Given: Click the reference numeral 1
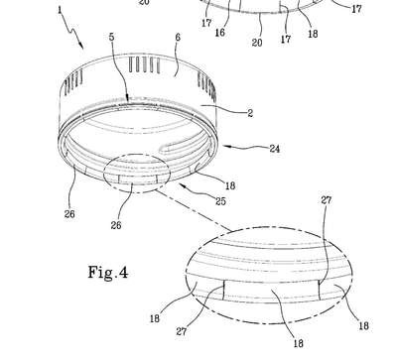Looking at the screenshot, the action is (x=60, y=10).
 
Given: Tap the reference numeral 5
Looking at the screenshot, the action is (x=112, y=37).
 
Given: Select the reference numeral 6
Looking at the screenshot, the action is (x=178, y=37).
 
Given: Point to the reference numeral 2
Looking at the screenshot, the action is (x=250, y=113).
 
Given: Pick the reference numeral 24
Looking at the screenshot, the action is (x=274, y=149).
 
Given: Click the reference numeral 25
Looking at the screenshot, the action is (x=220, y=200).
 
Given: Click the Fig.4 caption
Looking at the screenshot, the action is (x=108, y=273).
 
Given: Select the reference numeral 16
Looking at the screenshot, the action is (x=220, y=32).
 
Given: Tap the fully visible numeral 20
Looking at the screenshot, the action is (x=257, y=42).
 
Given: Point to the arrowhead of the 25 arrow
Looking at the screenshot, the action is (x=182, y=185).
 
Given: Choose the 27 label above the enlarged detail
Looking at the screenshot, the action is (x=326, y=199).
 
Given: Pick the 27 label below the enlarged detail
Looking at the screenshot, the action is (x=182, y=331).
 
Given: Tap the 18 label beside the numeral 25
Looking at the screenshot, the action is (x=230, y=185).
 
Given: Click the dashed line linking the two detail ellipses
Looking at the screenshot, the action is (x=193, y=209).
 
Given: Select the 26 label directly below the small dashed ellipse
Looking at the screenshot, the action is (x=116, y=225).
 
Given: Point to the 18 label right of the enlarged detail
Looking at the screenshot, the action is (x=363, y=325).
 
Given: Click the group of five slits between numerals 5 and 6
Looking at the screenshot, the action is (x=144, y=64).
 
